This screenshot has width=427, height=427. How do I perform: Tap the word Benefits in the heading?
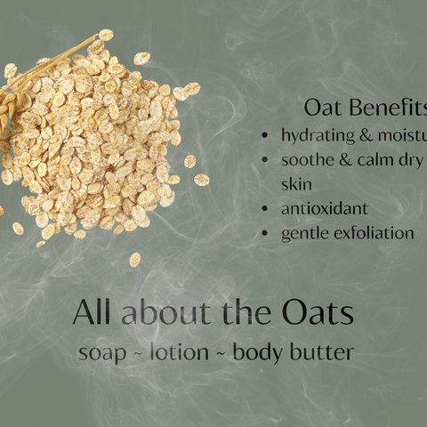click(386, 108)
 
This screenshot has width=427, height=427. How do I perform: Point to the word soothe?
click(306, 161)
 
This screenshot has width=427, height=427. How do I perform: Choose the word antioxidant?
click(324, 209)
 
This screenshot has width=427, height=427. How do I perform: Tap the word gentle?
click(304, 234)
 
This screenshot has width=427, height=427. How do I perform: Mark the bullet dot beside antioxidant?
click(267, 210)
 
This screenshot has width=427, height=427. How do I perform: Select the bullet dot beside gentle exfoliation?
click(267, 234)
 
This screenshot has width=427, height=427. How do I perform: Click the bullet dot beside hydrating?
click(267, 136)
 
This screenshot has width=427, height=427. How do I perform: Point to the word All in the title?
click(93, 312)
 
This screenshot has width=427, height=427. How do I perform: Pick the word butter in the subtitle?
click(324, 351)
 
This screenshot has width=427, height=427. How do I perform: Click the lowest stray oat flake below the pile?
click(134, 260)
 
